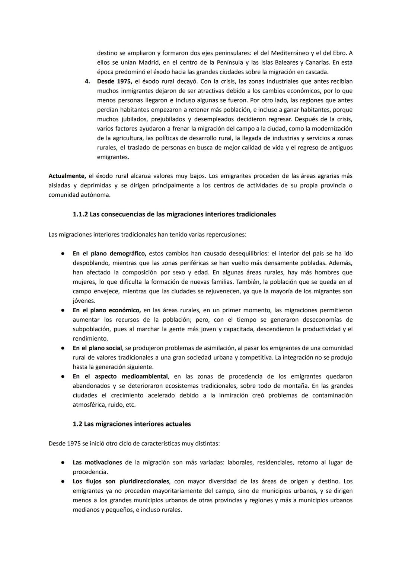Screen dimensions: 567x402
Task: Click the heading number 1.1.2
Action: tap(80, 215)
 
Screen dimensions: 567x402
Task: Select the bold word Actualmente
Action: tap(67, 176)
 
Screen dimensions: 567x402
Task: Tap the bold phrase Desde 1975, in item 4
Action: tap(114, 81)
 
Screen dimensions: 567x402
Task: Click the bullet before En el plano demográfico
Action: tap(63, 254)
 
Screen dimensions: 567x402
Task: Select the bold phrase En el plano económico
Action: tap(106, 310)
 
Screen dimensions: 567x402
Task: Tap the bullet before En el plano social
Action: tap(63, 348)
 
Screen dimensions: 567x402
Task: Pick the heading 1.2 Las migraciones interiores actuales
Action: tap(132, 424)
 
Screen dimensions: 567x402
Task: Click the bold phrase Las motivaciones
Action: tap(97, 463)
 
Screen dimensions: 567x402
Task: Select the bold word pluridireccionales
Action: tap(144, 481)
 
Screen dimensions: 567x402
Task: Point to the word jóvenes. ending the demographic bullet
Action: tap(84, 301)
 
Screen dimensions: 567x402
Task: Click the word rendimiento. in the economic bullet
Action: tap(90, 339)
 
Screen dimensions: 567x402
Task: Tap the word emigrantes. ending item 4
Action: tap(113, 157)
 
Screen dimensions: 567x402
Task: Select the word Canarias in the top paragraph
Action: tap(316, 62)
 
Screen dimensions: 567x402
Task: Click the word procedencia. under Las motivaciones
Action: tap(90, 472)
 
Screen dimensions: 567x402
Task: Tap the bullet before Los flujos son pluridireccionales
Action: tap(63, 481)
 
